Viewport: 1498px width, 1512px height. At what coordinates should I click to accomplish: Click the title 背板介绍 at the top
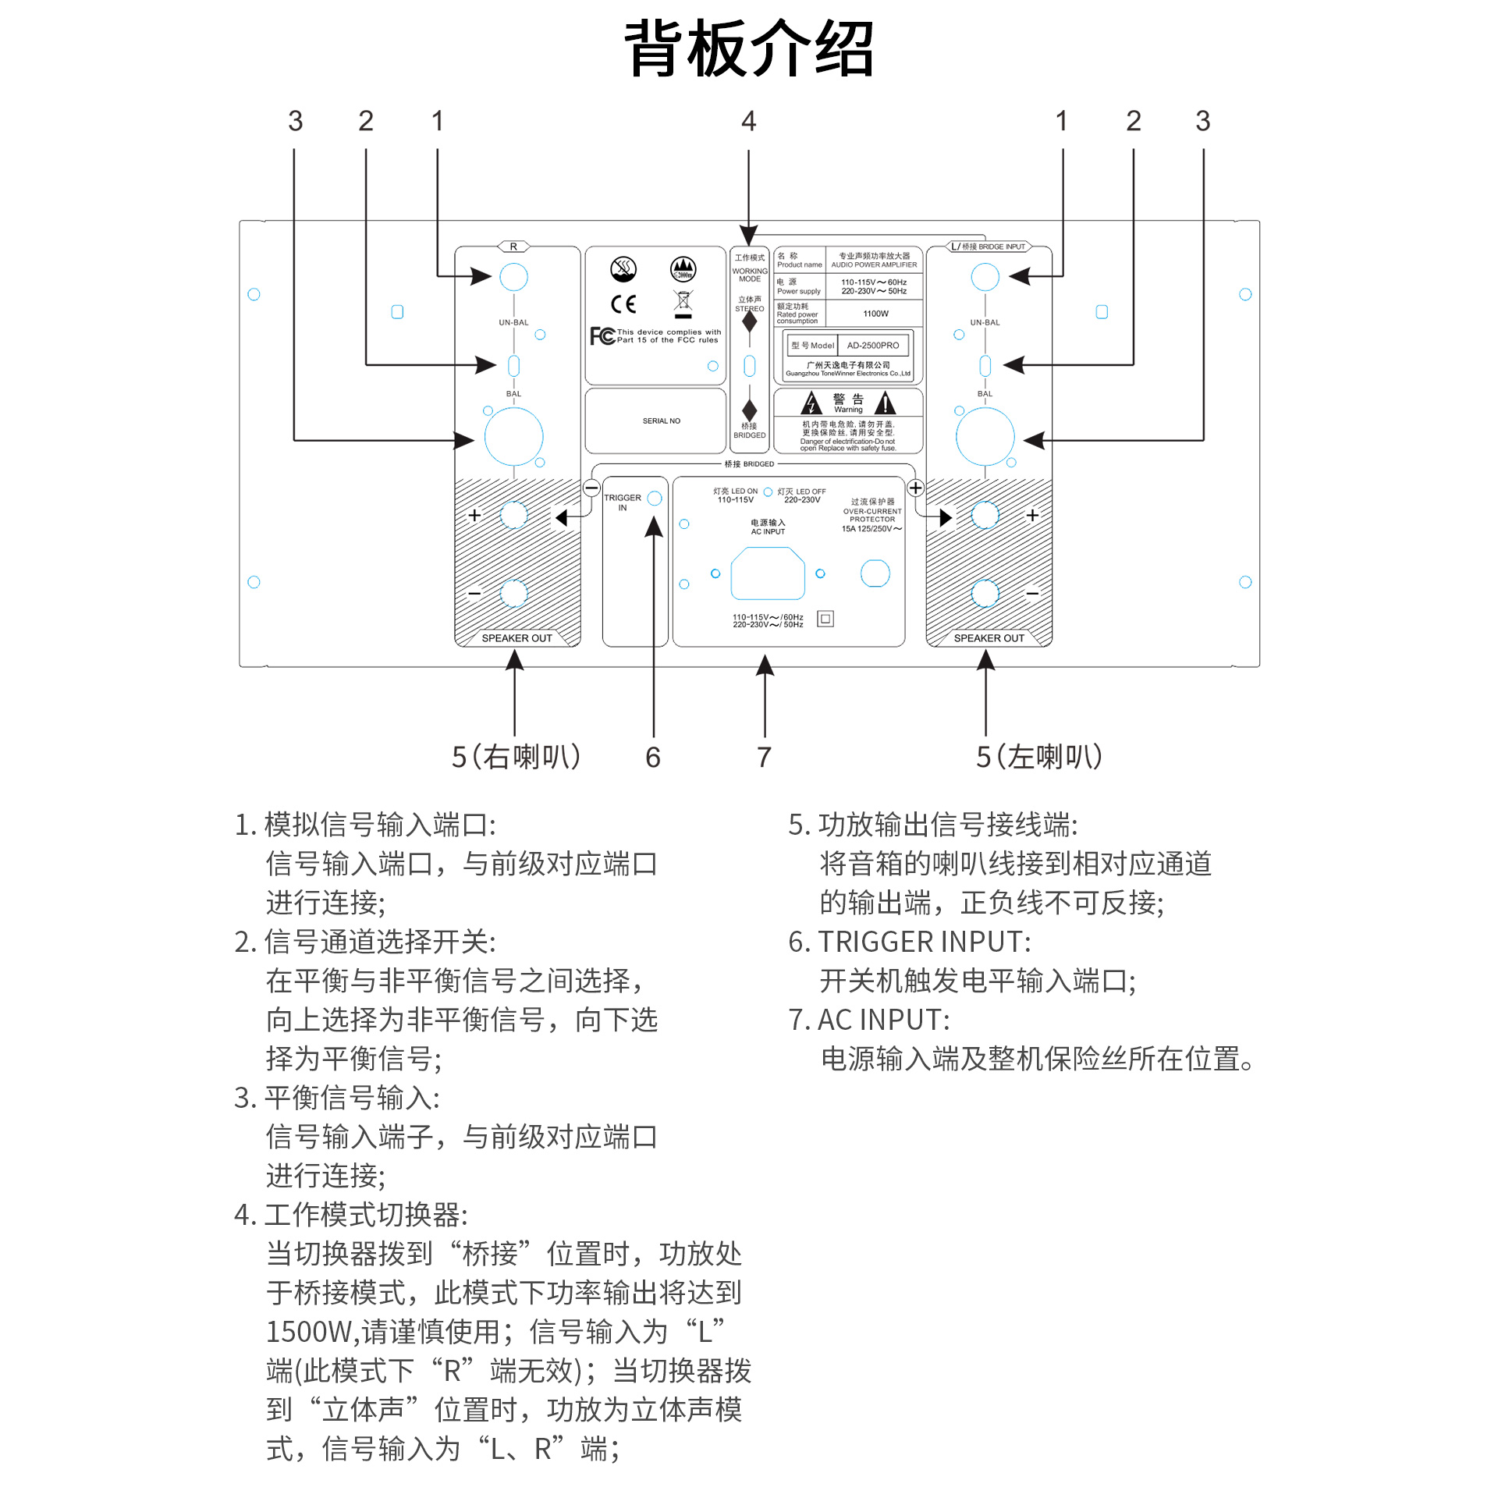pyautogui.click(x=748, y=48)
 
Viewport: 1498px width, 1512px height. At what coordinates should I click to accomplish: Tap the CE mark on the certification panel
pyautogui.click(x=623, y=303)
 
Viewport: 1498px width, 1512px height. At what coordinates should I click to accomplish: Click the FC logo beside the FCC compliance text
pyautogui.click(x=602, y=335)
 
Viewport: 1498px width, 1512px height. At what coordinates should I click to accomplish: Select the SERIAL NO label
pyautogui.click(x=662, y=421)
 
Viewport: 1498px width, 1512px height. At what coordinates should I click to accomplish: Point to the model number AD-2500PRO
pyautogui.click(x=872, y=345)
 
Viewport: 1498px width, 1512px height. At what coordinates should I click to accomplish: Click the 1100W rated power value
pyautogui.click(x=876, y=314)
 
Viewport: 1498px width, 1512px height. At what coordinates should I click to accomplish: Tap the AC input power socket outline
pyautogui.click(x=767, y=573)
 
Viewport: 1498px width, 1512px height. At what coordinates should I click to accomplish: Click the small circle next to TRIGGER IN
pyautogui.click(x=655, y=499)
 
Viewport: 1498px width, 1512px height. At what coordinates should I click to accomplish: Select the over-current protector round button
pyautogui.click(x=875, y=573)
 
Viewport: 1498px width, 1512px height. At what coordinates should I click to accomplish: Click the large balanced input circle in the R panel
pyautogui.click(x=513, y=437)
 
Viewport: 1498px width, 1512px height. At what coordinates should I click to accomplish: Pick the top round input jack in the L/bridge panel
pyautogui.click(x=985, y=277)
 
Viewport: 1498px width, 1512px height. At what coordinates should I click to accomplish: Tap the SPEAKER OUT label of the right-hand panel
pyautogui.click(x=989, y=638)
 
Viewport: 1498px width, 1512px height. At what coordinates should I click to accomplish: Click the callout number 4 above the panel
pyautogui.click(x=748, y=121)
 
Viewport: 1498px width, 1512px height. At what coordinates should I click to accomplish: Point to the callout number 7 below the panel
pyautogui.click(x=764, y=757)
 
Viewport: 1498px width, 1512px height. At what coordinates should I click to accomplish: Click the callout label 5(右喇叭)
pyautogui.click(x=516, y=757)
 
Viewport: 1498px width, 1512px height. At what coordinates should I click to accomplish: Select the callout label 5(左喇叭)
pyautogui.click(x=1038, y=757)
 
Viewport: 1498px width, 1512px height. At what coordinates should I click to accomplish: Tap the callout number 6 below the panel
pyautogui.click(x=653, y=757)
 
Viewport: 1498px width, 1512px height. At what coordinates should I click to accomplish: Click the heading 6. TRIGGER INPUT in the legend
pyautogui.click(x=910, y=942)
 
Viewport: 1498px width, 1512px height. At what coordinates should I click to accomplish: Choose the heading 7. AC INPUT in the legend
pyautogui.click(x=868, y=1020)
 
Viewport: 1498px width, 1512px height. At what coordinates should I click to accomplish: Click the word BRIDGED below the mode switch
pyautogui.click(x=749, y=435)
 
